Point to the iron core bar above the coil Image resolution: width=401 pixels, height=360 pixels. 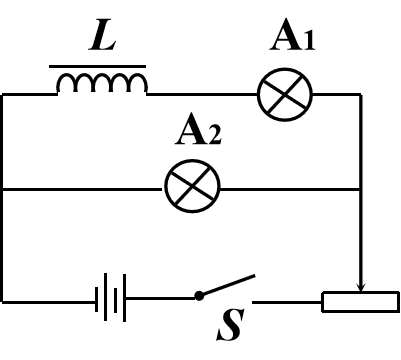point(99,66)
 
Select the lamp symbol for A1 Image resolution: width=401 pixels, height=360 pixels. point(285,96)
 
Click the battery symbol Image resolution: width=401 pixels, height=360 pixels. point(112,298)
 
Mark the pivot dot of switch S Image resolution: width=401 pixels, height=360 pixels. point(199,296)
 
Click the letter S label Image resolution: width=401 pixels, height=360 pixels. point(231,325)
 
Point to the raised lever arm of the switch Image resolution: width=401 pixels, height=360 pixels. point(227,284)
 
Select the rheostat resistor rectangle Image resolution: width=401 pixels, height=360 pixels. point(359,300)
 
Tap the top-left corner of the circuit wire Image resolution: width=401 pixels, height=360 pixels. point(3,95)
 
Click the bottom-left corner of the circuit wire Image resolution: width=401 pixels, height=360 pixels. point(3,299)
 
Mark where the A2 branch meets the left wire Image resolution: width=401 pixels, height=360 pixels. point(3,188)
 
